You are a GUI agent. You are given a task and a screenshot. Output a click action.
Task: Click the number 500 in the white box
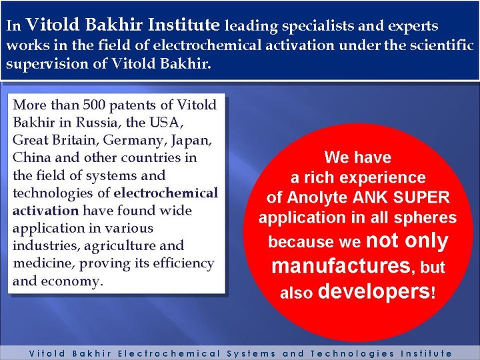point(94,105)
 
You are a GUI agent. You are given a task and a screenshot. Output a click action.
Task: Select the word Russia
point(96,123)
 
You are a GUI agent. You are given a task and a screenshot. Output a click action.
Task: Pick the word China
point(31,157)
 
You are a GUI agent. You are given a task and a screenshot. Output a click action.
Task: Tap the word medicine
point(43,263)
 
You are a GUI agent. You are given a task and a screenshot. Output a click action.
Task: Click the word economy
point(71,281)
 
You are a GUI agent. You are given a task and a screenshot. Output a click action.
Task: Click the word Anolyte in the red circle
point(317,197)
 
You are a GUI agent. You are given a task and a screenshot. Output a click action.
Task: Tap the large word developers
point(375,291)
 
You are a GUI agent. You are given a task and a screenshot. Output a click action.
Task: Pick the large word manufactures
point(341,265)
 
